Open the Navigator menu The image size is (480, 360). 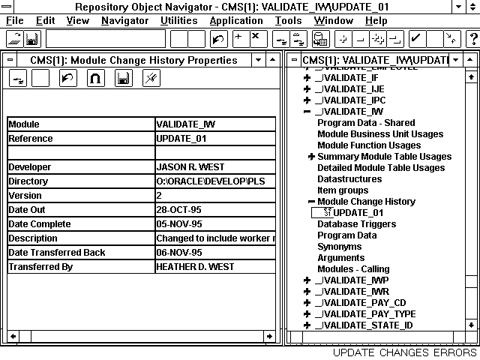pos(124,20)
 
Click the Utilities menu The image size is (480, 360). pos(179,20)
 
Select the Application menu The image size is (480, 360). pos(236,20)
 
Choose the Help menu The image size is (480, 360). pos(376,20)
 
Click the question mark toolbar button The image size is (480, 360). pos(472,38)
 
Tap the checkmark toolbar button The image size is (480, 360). pos(415,38)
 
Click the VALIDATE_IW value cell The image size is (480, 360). pos(214,124)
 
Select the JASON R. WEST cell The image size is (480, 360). pos(214,167)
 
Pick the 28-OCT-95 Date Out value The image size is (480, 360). pos(214,210)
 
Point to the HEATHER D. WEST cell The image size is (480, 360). pos(214,267)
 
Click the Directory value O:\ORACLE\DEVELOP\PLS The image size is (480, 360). pos(214,181)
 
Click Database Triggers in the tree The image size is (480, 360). pos(355,224)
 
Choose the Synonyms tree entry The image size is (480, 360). pos(339,247)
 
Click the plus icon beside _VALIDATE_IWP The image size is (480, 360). pos(307,280)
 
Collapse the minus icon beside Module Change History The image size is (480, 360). pos(311,202)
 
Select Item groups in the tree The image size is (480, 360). pos(343,190)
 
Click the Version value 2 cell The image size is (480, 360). pos(214,196)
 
